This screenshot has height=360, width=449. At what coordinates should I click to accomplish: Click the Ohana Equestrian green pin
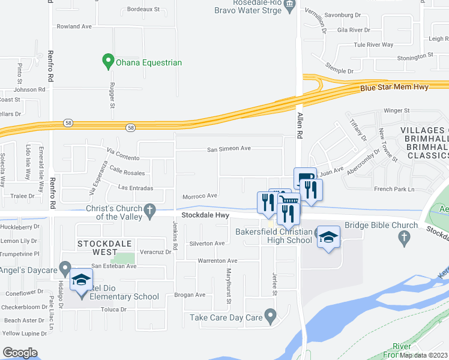click(109, 61)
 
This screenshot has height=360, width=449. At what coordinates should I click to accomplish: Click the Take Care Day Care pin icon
click(271, 315)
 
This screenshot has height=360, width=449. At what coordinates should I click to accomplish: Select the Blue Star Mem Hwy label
click(394, 88)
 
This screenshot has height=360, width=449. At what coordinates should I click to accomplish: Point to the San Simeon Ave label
click(229, 149)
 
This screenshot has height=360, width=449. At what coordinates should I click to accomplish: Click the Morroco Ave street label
click(200, 196)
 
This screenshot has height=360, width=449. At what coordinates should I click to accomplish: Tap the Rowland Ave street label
click(74, 26)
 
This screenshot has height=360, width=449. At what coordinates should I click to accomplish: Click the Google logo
click(20, 353)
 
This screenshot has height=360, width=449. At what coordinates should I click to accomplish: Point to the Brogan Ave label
click(190, 295)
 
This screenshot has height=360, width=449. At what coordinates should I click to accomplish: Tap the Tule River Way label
click(373, 44)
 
